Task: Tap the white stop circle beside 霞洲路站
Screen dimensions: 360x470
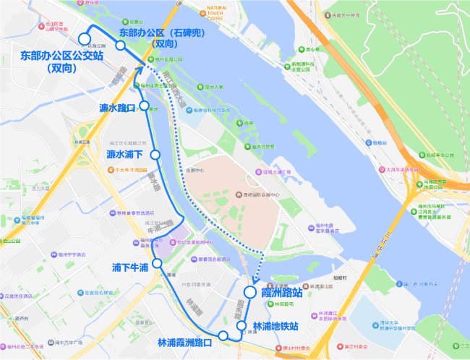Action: point(249,293)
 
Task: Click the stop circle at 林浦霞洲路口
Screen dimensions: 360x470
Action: point(223,335)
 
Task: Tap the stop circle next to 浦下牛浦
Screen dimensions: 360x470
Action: point(157,264)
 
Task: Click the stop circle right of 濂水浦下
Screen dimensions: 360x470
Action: point(155,155)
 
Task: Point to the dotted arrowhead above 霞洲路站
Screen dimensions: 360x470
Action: point(256,280)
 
